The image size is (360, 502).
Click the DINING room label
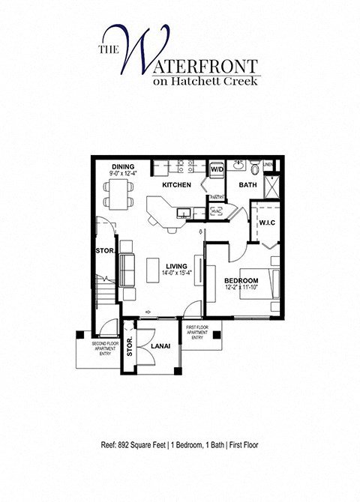tap(122, 167)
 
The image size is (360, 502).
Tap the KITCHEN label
tap(176, 185)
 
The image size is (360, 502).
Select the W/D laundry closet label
tap(217, 170)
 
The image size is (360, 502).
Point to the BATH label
tap(247, 185)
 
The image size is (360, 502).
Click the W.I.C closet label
tap(268, 223)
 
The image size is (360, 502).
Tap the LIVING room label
tap(177, 265)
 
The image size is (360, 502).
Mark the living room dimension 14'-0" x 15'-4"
tap(177, 273)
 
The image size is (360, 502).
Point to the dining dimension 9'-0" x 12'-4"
tap(123, 175)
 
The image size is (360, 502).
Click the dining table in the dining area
tap(117, 196)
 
